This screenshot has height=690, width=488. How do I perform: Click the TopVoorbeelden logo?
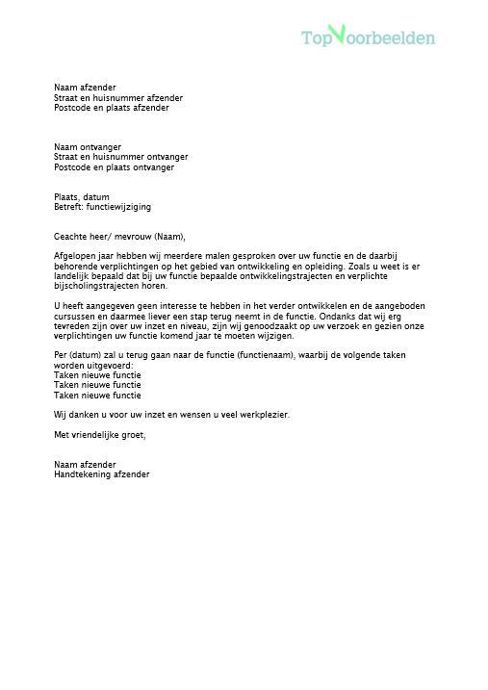tap(368, 37)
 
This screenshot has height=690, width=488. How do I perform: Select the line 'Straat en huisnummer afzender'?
tap(118, 98)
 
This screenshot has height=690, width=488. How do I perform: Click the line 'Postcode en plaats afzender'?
tap(112, 108)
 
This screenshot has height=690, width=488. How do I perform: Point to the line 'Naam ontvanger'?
tap(88, 147)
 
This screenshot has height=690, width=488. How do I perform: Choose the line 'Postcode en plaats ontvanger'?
tap(115, 167)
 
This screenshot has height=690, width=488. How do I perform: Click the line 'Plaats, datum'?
tap(82, 197)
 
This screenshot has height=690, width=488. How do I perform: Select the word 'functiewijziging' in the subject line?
tap(118, 207)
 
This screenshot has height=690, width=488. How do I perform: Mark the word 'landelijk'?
tap(73, 275)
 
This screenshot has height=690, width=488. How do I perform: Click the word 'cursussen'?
tap(75, 315)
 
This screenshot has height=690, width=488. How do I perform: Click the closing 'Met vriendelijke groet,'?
tap(100, 435)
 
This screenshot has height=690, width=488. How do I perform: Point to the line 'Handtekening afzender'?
tap(102, 474)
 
